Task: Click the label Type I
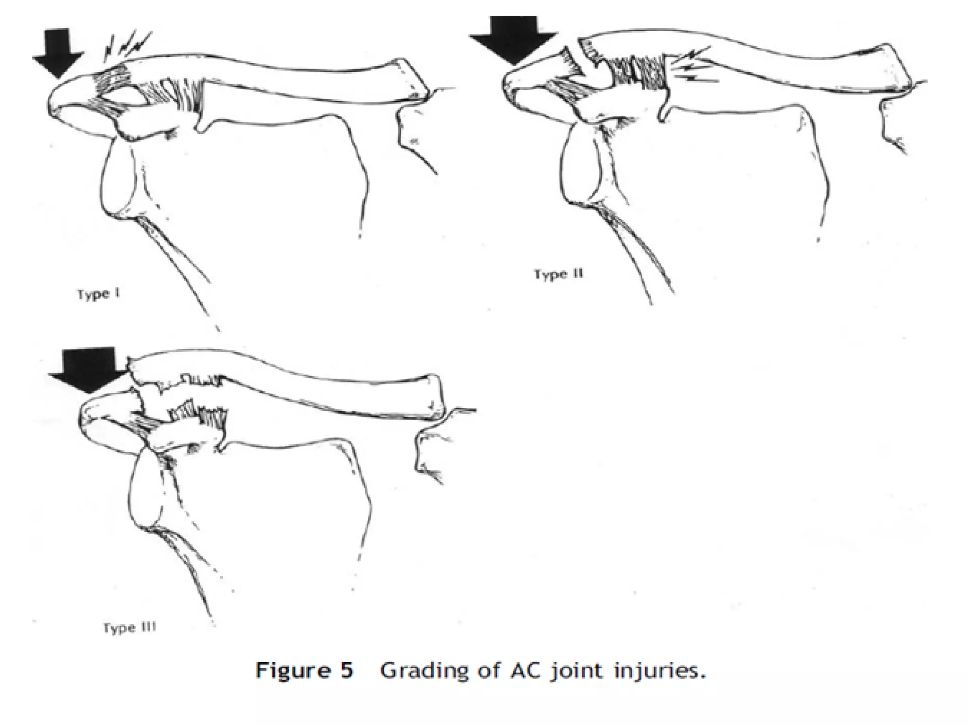click(x=98, y=294)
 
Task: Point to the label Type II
click(x=559, y=275)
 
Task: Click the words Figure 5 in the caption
click(x=304, y=671)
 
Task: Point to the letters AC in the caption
click(x=527, y=671)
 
